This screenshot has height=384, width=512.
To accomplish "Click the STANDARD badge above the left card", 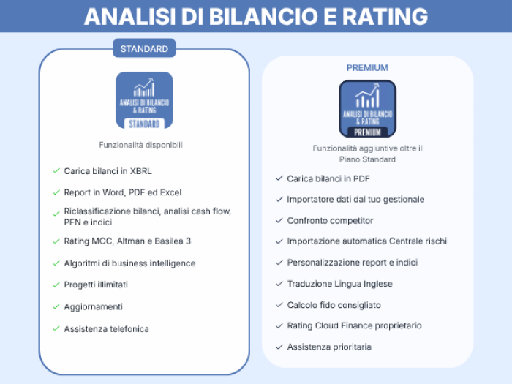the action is (x=144, y=48).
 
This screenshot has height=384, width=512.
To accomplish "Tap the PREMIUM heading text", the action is (x=367, y=67).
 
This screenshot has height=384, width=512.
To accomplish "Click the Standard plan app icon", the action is (x=145, y=100).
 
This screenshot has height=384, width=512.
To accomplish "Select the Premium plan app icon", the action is (x=367, y=109).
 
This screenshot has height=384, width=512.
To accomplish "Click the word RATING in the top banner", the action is (x=385, y=16).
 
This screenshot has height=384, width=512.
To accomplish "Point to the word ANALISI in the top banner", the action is (x=130, y=16).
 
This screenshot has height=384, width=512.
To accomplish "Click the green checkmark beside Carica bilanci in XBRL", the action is (x=56, y=170).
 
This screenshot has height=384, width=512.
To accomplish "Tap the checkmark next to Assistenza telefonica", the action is (x=56, y=328).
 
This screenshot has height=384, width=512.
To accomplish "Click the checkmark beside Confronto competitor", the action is (x=279, y=220).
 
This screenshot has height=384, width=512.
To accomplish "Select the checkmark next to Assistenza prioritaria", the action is (x=279, y=347).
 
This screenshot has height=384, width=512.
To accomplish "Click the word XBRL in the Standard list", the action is (x=141, y=171).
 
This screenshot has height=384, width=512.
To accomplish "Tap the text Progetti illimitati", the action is (x=96, y=285).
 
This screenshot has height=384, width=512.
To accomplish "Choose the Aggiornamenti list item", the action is (x=94, y=306).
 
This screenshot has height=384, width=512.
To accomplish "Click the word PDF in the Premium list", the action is (x=361, y=178).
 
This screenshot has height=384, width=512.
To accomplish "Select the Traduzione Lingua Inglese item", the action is (x=339, y=284).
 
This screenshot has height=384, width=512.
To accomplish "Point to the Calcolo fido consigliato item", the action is (x=334, y=305).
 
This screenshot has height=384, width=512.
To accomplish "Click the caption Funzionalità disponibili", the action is (x=140, y=145).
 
